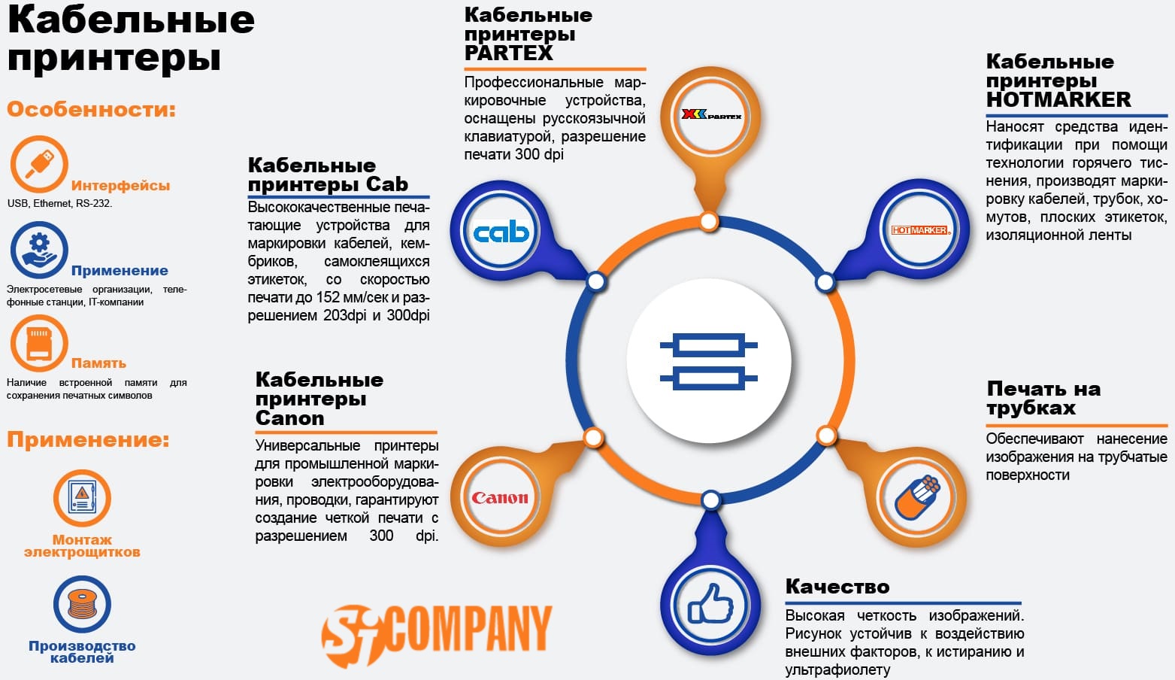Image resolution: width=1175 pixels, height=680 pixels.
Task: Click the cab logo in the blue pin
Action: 501,232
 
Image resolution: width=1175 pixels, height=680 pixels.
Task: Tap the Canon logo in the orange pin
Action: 500,497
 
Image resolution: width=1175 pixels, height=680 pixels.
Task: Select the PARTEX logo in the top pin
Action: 710,114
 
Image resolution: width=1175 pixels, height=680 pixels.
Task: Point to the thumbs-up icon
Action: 710,604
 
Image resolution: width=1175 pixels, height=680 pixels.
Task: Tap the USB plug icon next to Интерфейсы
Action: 39,164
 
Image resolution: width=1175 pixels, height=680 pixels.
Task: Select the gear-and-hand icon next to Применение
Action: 39,250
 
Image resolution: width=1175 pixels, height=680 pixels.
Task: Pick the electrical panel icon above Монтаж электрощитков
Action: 82,497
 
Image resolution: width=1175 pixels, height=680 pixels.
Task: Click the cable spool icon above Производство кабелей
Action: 83,605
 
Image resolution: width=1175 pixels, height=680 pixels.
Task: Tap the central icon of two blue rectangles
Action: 709,362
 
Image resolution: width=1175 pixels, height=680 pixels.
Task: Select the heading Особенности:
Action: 91,109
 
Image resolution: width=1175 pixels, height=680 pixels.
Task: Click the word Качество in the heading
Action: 837,587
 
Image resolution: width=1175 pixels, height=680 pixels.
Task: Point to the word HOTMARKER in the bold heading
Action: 1058,100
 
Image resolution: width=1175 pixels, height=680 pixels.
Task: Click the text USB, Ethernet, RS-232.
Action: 60,203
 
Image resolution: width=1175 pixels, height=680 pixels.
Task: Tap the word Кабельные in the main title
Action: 131,20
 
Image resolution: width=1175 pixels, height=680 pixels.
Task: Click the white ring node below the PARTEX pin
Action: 709,221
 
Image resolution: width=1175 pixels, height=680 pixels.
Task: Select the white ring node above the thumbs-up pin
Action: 710,500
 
